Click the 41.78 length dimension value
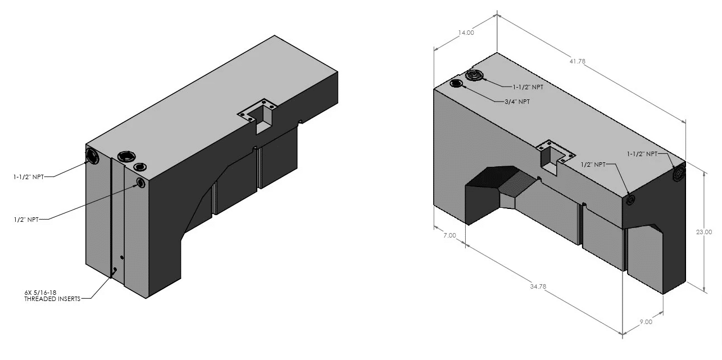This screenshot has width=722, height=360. (x=577, y=61)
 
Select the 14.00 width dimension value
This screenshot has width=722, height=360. (x=466, y=33)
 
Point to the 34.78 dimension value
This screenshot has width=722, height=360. (x=538, y=286)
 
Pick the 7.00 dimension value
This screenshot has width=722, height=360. (x=449, y=235)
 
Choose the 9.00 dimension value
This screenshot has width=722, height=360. (x=646, y=322)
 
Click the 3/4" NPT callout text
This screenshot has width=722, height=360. (x=517, y=102)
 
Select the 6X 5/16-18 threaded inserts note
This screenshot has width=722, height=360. (x=52, y=296)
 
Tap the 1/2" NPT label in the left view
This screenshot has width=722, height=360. (x=26, y=220)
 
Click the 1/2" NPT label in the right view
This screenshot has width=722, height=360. (x=593, y=165)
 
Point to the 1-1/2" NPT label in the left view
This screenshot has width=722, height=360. (x=28, y=177)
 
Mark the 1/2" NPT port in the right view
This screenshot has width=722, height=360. (x=630, y=200)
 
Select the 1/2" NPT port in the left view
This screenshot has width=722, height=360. (x=141, y=183)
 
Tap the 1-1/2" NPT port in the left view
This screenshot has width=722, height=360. (x=93, y=156)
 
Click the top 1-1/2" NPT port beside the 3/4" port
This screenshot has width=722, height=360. (x=474, y=76)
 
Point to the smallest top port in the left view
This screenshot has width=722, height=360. (x=140, y=167)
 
